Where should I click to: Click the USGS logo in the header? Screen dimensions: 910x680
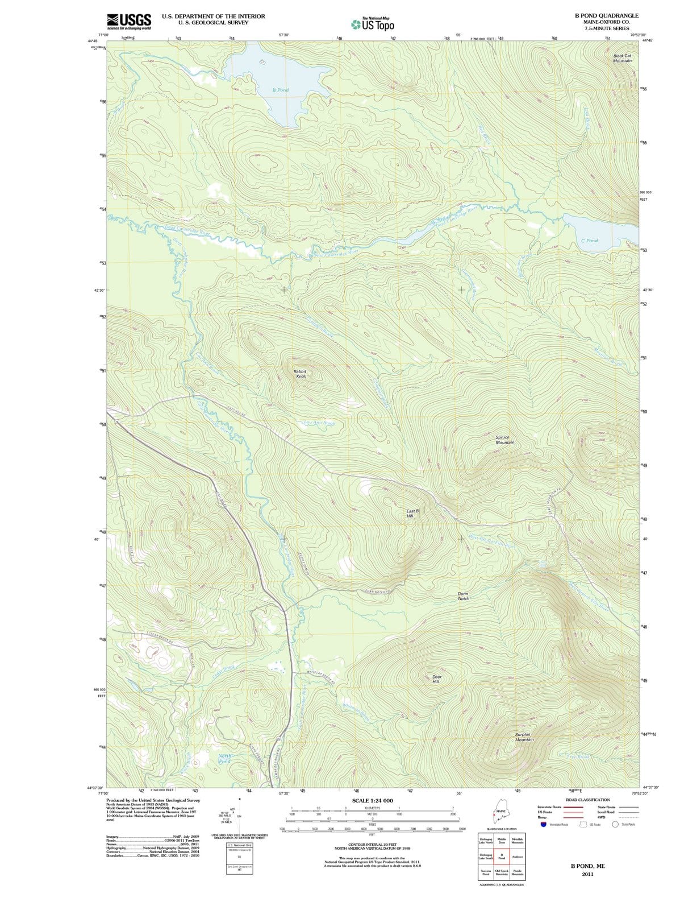tap(129, 22)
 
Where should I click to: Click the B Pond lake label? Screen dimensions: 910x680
tap(280, 90)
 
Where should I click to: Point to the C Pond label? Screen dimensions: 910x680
tap(589, 241)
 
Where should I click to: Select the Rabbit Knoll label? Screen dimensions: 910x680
tap(301, 374)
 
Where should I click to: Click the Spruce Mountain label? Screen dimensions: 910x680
tap(504, 440)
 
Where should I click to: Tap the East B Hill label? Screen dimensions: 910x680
tap(413, 513)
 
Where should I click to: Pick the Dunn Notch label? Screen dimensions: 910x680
tap(464, 596)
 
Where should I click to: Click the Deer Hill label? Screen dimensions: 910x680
tap(436, 679)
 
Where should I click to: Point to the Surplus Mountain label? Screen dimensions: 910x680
tap(524, 737)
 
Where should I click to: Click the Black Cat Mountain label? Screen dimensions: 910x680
tap(623, 58)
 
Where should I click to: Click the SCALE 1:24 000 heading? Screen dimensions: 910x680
tap(372, 801)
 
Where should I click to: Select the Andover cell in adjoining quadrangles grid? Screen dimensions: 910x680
tap(518, 857)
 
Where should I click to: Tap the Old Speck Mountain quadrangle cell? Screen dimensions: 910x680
tap(502, 873)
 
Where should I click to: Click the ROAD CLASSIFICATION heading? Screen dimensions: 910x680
tap(587, 800)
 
